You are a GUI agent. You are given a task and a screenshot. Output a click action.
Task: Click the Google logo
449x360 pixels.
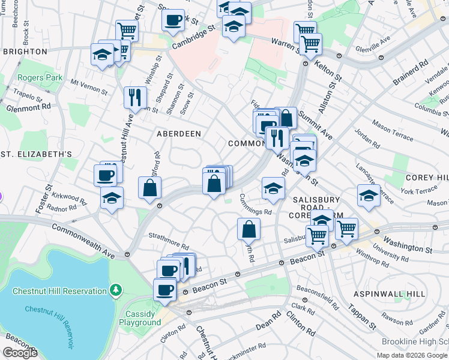[20, 353]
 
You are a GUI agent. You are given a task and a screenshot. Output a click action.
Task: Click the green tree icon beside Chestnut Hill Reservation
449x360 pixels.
[116, 291]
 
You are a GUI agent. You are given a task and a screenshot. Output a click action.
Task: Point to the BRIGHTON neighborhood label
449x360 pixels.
[25, 52]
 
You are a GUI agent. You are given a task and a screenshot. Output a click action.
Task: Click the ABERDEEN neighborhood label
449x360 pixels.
[179, 133]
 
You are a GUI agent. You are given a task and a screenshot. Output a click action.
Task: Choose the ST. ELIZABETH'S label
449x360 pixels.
[36, 154]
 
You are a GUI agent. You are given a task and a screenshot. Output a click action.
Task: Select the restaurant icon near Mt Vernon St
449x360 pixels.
[135, 97]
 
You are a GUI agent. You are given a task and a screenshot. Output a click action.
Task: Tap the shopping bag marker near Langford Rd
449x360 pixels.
[149, 187]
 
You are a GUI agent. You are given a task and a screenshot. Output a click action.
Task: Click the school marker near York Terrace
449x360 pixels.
[369, 195]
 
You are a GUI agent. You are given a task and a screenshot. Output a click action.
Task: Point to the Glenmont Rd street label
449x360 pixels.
[29, 107]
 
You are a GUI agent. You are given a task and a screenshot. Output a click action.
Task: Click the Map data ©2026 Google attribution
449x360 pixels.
[412, 355]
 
